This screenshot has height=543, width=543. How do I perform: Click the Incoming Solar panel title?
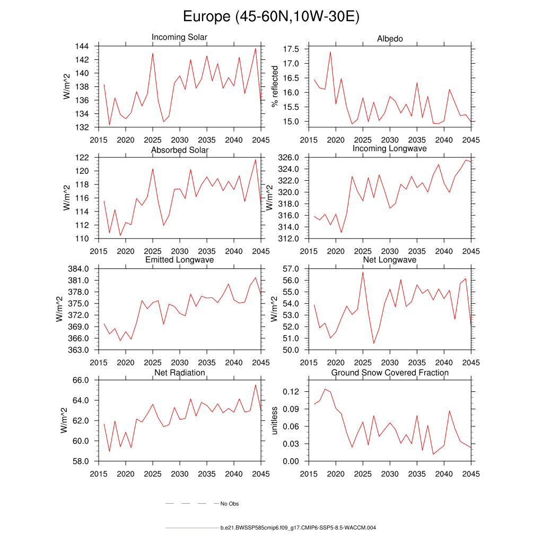(x=179, y=37)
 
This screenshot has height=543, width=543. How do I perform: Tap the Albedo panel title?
(x=390, y=39)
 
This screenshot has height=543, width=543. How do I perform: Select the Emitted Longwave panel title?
(x=179, y=260)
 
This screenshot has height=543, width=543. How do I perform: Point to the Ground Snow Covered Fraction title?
(x=390, y=373)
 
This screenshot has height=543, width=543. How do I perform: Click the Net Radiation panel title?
(x=179, y=373)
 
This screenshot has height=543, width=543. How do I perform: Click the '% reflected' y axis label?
(x=274, y=86)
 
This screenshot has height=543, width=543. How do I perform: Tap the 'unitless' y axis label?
(x=274, y=421)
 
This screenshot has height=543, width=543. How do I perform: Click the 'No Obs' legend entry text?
(x=230, y=504)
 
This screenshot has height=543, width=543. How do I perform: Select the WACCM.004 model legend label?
(x=298, y=528)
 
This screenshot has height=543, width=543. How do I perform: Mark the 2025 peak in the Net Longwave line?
(x=363, y=272)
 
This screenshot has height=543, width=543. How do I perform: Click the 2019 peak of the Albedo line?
(x=330, y=52)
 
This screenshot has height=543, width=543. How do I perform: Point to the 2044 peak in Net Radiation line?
(x=256, y=385)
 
